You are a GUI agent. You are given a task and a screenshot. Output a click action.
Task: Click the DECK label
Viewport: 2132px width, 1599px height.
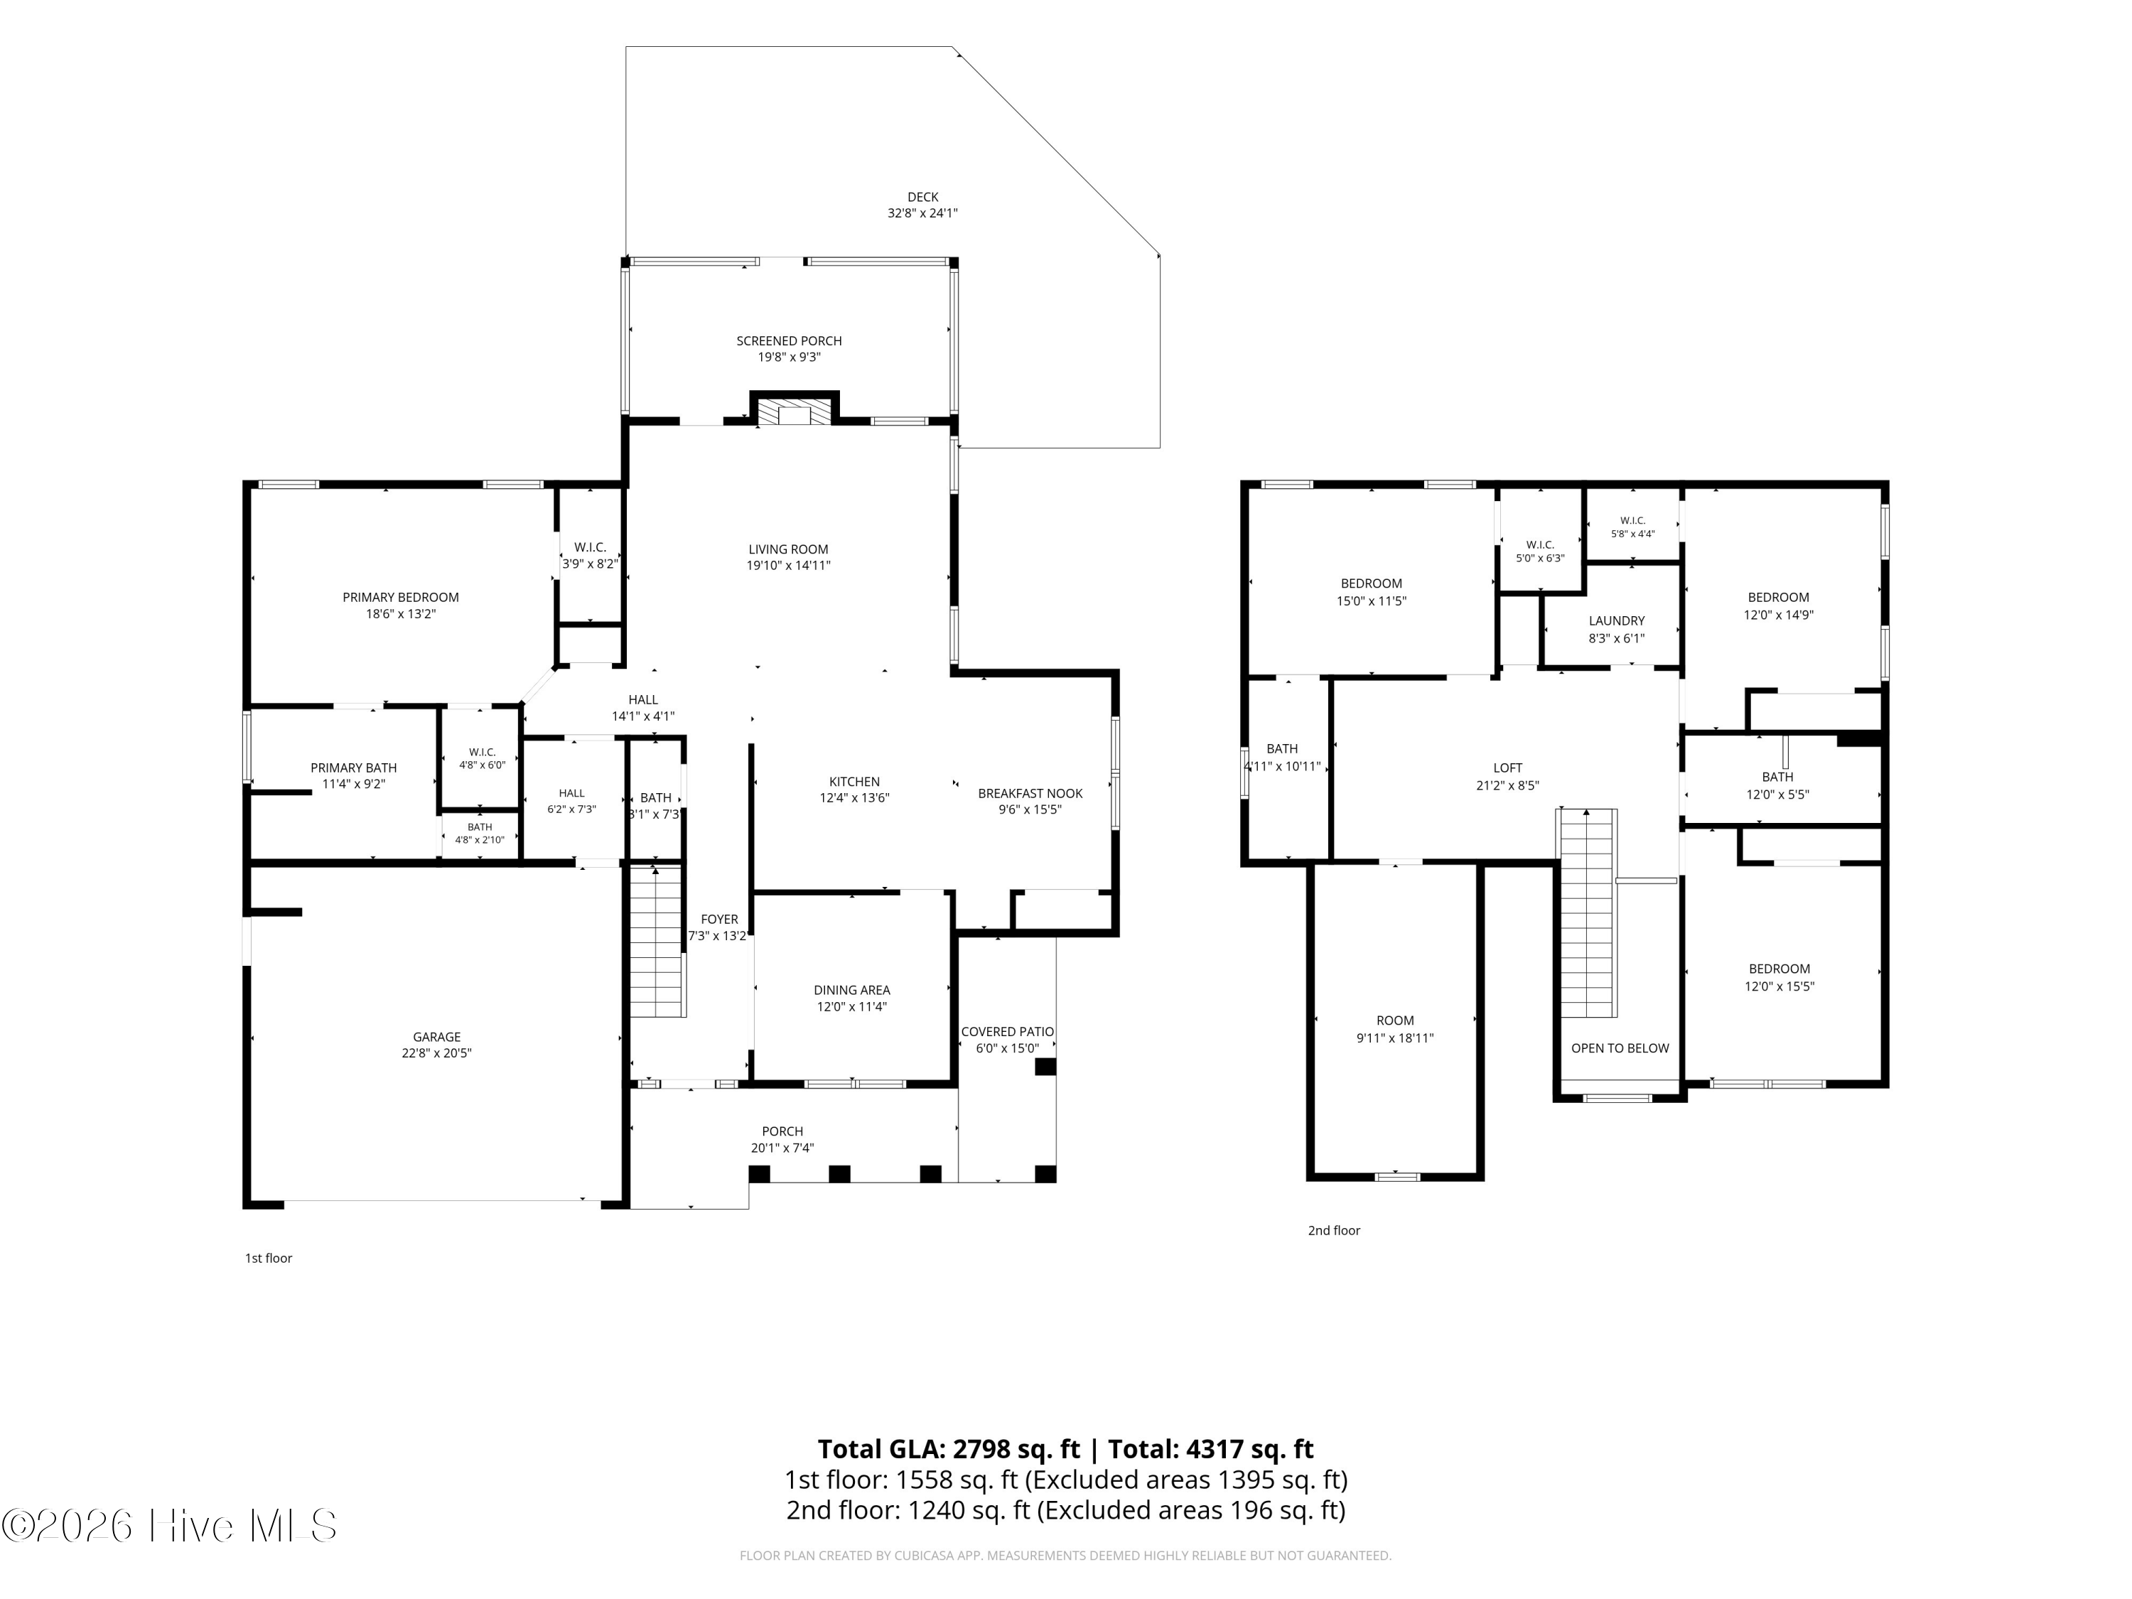click(x=922, y=198)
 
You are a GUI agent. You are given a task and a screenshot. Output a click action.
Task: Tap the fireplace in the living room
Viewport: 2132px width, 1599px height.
click(x=795, y=409)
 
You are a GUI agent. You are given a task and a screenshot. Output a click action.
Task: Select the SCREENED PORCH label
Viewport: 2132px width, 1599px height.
click(x=790, y=341)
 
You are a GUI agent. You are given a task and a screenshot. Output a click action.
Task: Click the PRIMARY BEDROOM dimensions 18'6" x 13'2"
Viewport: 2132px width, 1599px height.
click(x=401, y=614)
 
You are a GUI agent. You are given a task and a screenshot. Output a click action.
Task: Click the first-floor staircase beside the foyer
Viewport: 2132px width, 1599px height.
click(x=657, y=942)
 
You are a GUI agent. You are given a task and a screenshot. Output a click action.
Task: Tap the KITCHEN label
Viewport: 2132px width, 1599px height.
click(x=855, y=782)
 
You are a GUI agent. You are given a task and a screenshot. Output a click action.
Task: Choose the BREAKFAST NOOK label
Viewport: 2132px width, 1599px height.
click(x=1030, y=793)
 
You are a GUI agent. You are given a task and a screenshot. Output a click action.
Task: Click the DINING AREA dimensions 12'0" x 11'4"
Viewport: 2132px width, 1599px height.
click(x=852, y=1007)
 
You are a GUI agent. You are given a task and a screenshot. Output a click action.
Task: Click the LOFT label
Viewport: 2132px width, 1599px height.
click(x=1507, y=768)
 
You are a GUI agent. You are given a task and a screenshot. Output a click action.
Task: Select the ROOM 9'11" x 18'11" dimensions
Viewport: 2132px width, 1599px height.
click(x=1394, y=1039)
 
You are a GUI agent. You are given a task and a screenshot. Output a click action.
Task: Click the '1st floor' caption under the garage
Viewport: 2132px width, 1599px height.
click(x=268, y=1259)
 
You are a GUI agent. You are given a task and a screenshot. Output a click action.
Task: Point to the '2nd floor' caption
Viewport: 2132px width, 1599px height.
click(x=1334, y=1231)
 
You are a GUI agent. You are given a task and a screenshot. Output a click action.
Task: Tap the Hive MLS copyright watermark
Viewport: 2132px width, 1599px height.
click(x=170, y=1527)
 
